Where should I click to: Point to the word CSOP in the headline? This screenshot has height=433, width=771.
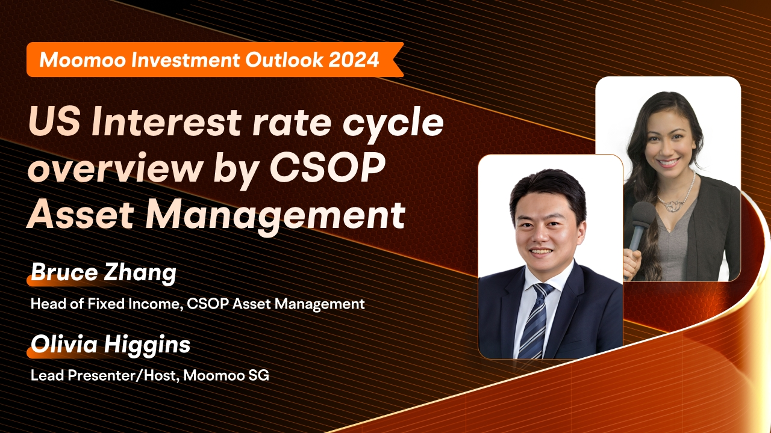coord(327,168)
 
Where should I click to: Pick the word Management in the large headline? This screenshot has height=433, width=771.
coord(275,215)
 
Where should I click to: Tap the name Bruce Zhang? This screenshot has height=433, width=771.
coord(104,272)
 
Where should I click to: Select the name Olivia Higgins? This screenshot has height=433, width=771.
coord(110,345)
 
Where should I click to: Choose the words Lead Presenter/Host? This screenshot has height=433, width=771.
coord(105,375)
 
